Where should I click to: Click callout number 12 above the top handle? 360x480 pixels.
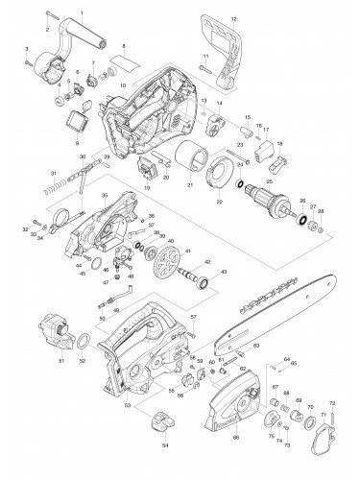coord(233,20)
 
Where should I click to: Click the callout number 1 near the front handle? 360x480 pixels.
coord(83,11)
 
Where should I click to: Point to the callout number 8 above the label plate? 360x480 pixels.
coord(124,46)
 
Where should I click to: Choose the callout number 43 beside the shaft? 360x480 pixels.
coord(227,273)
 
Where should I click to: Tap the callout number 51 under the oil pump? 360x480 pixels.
coord(60,361)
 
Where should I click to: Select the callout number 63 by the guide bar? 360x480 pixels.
coord(255,345)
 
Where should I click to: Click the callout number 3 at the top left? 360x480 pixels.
coord(28,47)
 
